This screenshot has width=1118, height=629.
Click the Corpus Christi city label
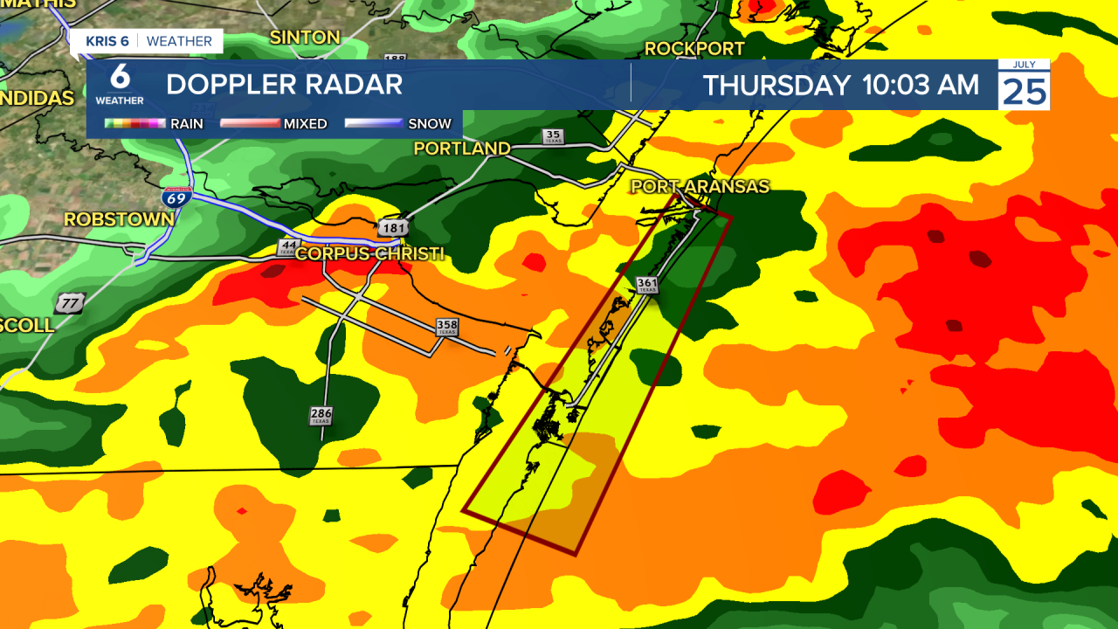(x=369, y=254)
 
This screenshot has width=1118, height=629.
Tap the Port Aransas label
(x=700, y=186)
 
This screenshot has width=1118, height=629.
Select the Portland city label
(x=462, y=149)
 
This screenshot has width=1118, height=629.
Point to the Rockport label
(x=694, y=48)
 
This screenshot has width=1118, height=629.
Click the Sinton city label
(x=305, y=37)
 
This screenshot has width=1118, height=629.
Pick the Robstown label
(x=119, y=218)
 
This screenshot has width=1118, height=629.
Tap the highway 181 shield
(x=391, y=228)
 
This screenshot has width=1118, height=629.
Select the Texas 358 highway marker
(x=447, y=327)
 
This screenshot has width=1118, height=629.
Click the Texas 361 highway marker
(x=647, y=285)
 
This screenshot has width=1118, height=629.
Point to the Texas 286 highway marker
(x=321, y=416)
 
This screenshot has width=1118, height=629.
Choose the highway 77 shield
(x=68, y=304)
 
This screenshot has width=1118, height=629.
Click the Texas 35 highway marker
(x=553, y=136)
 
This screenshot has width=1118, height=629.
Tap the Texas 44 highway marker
(x=288, y=247)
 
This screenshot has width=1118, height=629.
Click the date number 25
(x=1024, y=91)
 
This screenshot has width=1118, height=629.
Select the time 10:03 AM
(x=921, y=86)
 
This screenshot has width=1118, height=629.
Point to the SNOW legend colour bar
(x=373, y=124)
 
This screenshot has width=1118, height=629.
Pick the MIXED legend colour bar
(x=249, y=124)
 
